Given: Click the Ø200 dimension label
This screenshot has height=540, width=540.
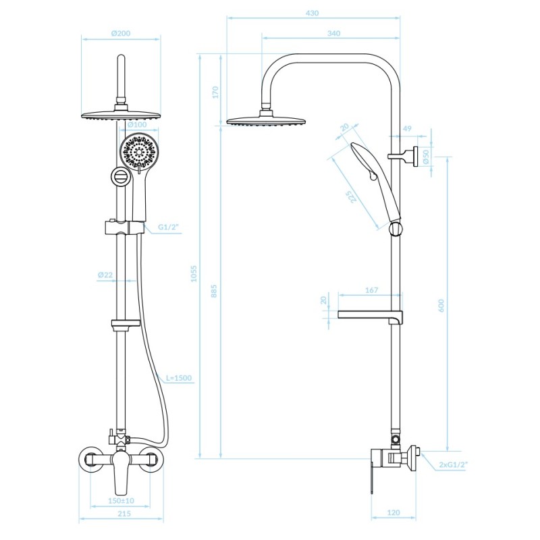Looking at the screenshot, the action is (121, 33).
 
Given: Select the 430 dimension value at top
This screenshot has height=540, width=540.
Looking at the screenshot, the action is (312, 13).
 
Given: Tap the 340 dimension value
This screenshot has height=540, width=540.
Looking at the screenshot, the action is (333, 33).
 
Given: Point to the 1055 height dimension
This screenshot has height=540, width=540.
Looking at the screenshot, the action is (194, 273).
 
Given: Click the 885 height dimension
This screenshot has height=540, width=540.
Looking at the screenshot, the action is (214, 291).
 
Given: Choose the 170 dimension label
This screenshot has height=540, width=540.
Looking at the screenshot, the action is (215, 92).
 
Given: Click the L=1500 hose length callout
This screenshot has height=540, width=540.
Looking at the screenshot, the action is (179, 378).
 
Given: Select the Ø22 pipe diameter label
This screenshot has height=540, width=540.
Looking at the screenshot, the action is (105, 275).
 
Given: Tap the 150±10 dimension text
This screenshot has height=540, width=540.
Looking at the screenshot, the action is (122, 500).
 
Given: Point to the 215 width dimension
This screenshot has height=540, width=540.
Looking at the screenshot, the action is (124, 514).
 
